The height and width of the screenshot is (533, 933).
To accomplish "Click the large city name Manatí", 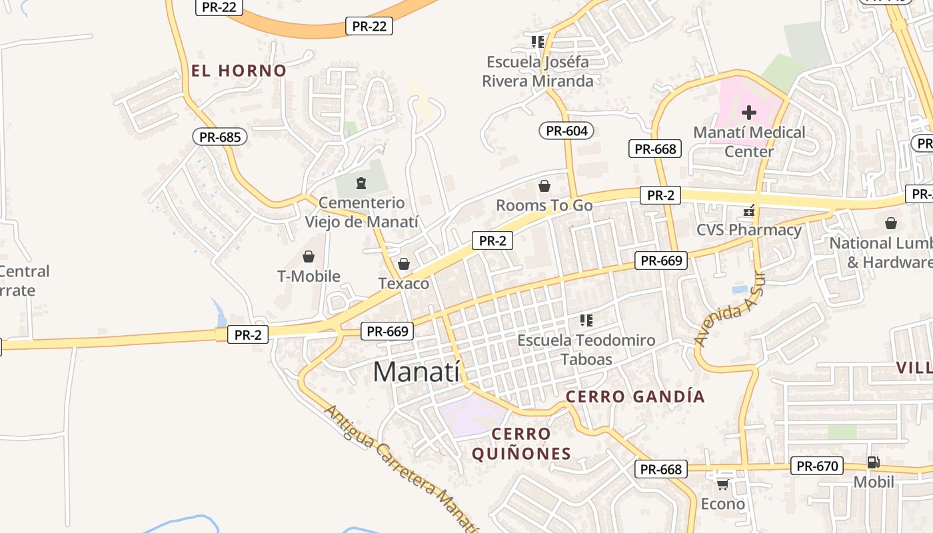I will coord(416,371).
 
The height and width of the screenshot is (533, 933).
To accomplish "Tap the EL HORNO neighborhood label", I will coord(239,71).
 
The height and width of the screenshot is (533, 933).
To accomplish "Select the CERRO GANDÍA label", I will coord(634,396).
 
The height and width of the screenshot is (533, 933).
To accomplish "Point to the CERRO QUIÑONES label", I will coord(521,444).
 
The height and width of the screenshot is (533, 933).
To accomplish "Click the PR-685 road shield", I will coord(220,137).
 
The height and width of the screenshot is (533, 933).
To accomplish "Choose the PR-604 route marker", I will coord(566,131).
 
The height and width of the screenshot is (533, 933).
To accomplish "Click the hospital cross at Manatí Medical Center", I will coord(749,112).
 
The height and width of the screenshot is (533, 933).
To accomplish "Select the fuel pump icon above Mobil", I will coord(873,462).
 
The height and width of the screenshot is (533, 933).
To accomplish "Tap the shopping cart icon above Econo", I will coord(722,484).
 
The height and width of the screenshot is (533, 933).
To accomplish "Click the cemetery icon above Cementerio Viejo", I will coord(361,182).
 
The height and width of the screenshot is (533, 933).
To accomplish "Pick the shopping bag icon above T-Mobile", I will coord(309,256).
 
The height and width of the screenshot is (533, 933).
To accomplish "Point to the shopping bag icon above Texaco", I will coord(403,264).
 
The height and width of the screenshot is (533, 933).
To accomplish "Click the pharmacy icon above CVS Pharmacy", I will coord(749,211).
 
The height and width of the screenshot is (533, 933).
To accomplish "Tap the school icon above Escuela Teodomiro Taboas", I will coord(586,320).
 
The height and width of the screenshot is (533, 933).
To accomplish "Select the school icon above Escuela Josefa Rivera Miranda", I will coord(538,42).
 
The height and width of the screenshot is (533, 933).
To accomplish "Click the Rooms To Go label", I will coord(544,205).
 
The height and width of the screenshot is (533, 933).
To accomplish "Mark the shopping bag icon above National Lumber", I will coord(890,223).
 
